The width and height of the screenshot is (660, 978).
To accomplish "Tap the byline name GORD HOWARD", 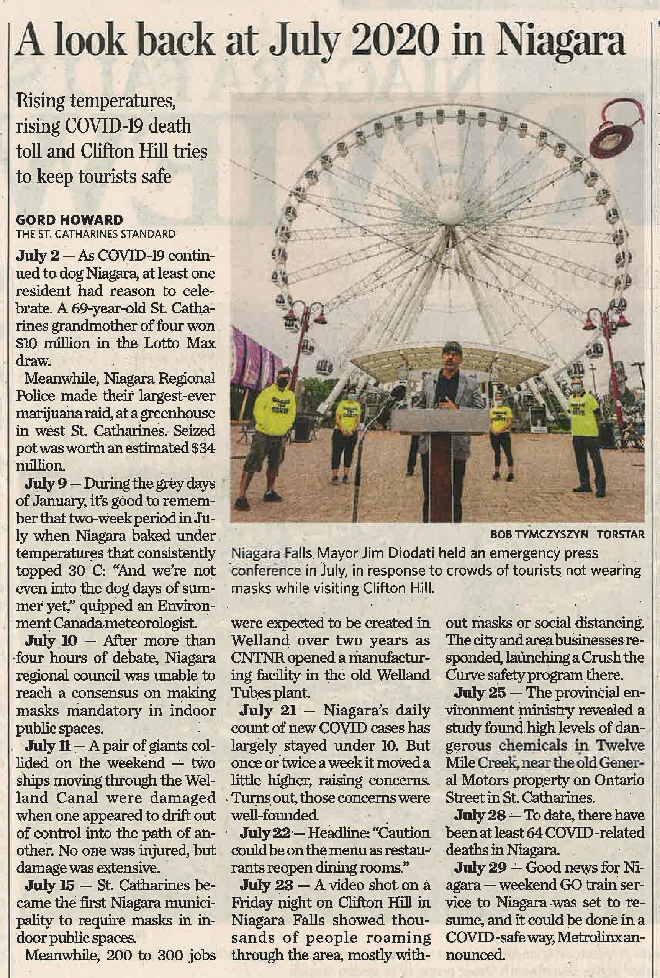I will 69,220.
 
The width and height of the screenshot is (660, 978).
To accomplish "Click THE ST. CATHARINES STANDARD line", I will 95,234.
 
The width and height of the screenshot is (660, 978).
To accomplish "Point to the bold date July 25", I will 480,692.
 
